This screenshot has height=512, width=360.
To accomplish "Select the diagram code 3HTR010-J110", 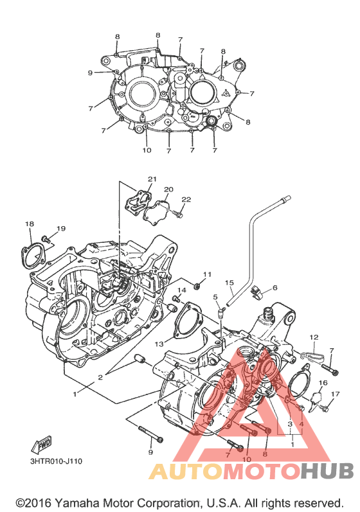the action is click(56, 461).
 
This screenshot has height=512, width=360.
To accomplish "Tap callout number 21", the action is click(152, 179).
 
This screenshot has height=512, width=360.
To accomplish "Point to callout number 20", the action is click(168, 190).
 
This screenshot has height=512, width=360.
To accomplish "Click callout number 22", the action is click(186, 200).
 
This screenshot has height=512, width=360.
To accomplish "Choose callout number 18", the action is click(30, 224).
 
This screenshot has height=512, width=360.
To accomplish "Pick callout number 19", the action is click(62, 229).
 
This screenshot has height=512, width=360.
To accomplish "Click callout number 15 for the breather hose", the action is click(230, 282).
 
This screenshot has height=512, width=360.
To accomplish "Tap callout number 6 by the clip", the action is click(274, 288).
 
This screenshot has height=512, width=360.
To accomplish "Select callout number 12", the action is click(314, 337).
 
